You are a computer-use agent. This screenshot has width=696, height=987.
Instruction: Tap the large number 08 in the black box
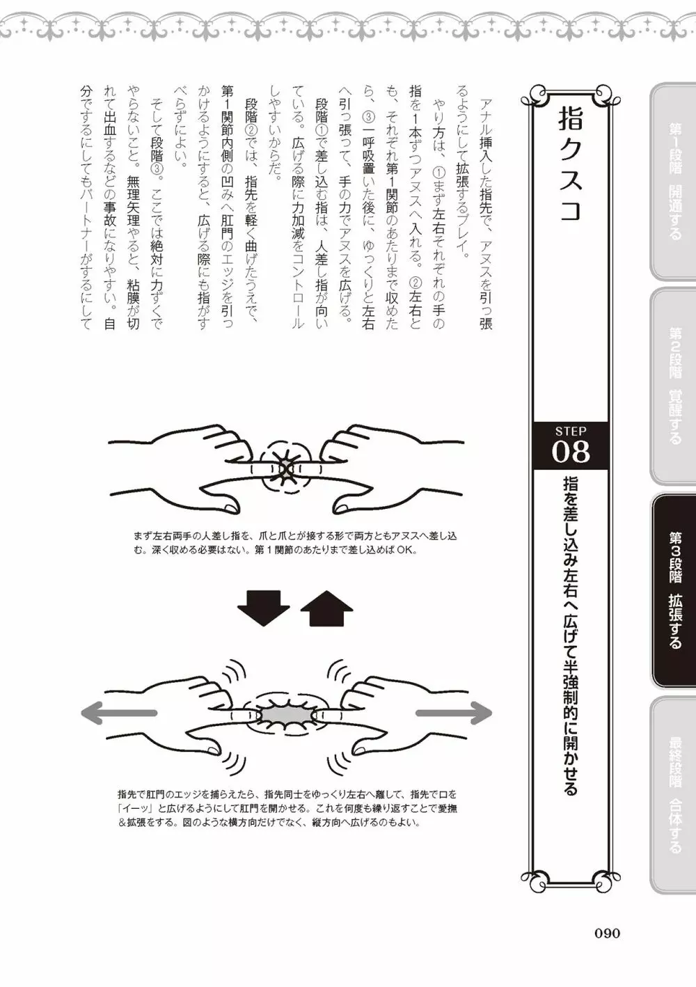pos(570,452)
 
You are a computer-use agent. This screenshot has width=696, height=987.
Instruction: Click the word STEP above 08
pos(571,430)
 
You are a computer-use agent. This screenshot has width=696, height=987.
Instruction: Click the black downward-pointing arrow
pos(263,608)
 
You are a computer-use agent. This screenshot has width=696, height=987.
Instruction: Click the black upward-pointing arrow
pos(327,608)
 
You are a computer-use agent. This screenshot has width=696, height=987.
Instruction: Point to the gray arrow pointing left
pos(118,713)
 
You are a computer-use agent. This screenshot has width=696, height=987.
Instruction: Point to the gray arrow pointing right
pos(454,713)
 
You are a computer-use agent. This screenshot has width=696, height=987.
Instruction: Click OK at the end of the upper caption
pos(407,551)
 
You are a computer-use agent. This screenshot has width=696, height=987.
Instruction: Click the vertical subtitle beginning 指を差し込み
pos(571,633)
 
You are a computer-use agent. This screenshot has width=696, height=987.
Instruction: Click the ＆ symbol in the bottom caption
pos(122,823)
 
